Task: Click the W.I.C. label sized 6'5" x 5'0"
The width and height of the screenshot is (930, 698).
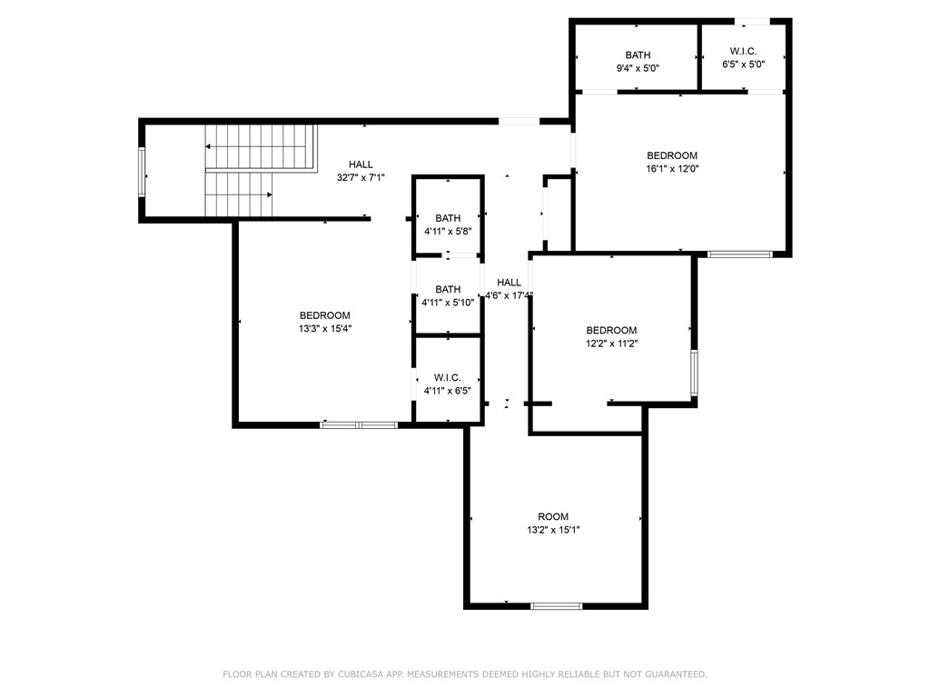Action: coord(743,51)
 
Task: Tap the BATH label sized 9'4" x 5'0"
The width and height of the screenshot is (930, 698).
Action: coord(638,55)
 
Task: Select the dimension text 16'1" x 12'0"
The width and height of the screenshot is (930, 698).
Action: coord(672,168)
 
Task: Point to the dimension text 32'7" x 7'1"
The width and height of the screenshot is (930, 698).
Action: coord(361,178)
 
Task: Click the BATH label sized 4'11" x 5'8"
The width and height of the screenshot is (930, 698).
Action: coord(448,218)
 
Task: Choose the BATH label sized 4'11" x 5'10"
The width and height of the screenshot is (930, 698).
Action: coord(448,290)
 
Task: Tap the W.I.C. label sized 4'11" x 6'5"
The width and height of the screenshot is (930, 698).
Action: coord(447,377)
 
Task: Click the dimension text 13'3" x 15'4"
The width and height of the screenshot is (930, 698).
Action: coord(324,329)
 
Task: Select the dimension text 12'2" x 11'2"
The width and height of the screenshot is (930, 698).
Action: coord(611,344)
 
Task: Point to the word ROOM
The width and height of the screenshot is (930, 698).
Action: coord(553,517)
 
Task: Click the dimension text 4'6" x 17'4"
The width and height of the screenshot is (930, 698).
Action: coord(509,295)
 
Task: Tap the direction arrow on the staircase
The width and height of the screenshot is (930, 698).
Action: coord(209,146)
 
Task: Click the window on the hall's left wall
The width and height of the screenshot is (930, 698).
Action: coord(141,171)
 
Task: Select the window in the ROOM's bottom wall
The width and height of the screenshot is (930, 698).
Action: coord(556,605)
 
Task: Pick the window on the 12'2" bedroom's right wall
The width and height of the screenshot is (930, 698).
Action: coord(694,373)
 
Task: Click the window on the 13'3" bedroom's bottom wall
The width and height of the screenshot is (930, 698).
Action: coord(360,424)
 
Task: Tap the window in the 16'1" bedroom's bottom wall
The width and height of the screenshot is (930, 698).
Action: coord(739,254)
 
